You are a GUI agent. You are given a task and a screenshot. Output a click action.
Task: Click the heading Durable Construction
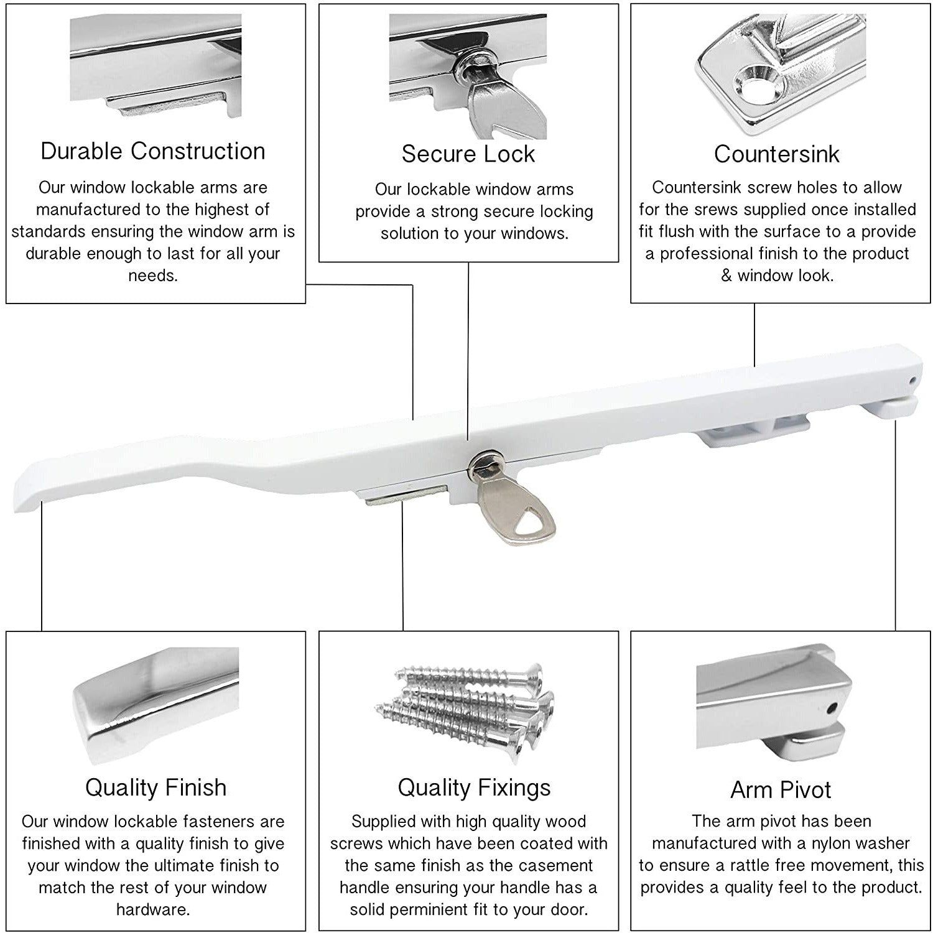[153, 151]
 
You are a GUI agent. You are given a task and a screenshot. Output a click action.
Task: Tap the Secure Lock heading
[468, 154]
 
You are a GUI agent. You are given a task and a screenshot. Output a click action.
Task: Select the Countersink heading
[776, 154]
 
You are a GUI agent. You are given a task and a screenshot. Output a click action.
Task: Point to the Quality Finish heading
[155, 787]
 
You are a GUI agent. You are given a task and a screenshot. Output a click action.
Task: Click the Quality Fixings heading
[474, 787]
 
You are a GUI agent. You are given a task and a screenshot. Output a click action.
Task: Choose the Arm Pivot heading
[781, 790]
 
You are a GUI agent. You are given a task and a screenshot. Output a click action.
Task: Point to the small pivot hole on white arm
[912, 379]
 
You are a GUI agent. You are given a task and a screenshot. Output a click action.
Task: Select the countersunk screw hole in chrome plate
[754, 85]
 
